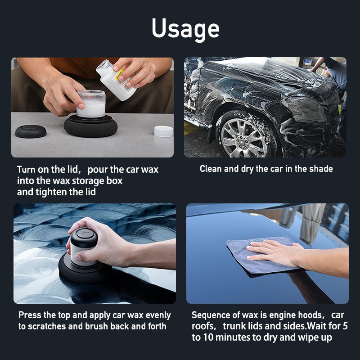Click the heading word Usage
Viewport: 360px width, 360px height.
click(x=185, y=28)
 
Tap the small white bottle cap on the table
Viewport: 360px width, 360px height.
click(x=163, y=131)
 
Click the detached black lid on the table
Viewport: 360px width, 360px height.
click(x=31, y=131)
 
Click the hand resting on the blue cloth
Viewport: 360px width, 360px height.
click(x=274, y=252)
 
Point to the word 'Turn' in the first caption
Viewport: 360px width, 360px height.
click(x=27, y=170)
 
